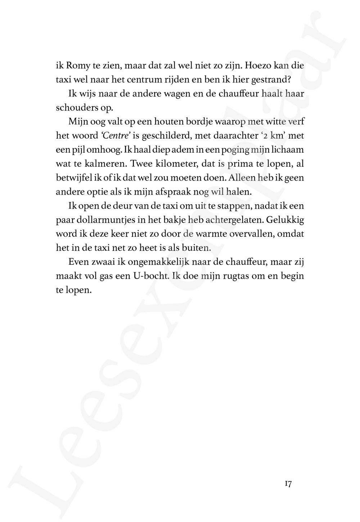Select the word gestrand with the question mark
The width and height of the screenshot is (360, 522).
tap(270, 80)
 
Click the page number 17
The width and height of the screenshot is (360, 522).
tap(288, 484)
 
